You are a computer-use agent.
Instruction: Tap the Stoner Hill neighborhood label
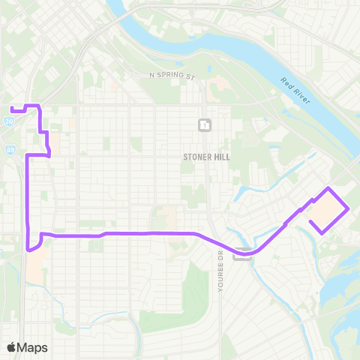coord(206,157)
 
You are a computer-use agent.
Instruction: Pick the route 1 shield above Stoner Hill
coord(205,125)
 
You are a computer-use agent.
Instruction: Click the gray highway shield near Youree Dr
coord(241,255)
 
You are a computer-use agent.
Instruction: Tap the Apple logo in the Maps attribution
coord(11,348)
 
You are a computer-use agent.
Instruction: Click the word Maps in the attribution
coord(32,348)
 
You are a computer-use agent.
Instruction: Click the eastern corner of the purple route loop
coord(349,209)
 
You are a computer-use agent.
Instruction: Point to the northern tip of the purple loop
coord(328,187)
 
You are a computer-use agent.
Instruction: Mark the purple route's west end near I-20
coord(12,110)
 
